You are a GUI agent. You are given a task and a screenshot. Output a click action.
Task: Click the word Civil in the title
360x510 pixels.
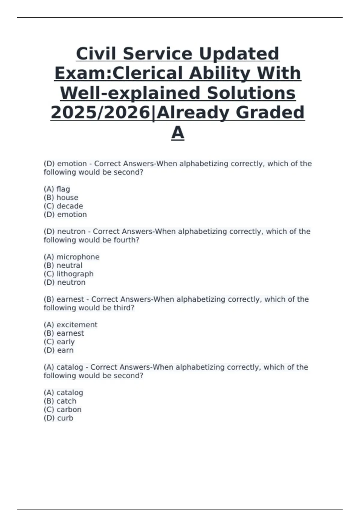96,54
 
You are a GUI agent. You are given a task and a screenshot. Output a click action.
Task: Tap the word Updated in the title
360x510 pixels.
239,54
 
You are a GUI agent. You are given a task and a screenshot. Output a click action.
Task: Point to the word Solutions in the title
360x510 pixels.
251,93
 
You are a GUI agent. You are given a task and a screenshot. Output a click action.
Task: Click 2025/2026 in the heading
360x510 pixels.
100,112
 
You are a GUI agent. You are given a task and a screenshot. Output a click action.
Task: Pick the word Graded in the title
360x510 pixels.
270,112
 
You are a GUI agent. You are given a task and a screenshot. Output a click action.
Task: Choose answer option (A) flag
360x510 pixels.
57,189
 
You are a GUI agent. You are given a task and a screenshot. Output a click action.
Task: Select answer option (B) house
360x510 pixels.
61,197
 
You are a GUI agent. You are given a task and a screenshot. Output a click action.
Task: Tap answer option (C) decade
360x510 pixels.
63,206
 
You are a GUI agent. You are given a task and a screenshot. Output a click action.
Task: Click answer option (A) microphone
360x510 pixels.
71,257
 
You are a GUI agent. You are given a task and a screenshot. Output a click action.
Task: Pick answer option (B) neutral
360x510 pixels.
63,265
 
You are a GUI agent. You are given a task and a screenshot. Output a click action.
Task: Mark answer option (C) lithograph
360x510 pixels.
68,274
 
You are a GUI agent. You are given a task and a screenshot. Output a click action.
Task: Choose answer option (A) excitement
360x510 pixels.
70,325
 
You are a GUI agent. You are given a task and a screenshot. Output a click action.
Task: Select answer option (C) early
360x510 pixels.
59,342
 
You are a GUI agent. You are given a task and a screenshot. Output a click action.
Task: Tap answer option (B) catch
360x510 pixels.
60,401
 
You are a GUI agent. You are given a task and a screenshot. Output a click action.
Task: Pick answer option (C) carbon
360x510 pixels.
62,409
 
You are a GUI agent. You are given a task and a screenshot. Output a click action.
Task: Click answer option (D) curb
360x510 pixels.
58,418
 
